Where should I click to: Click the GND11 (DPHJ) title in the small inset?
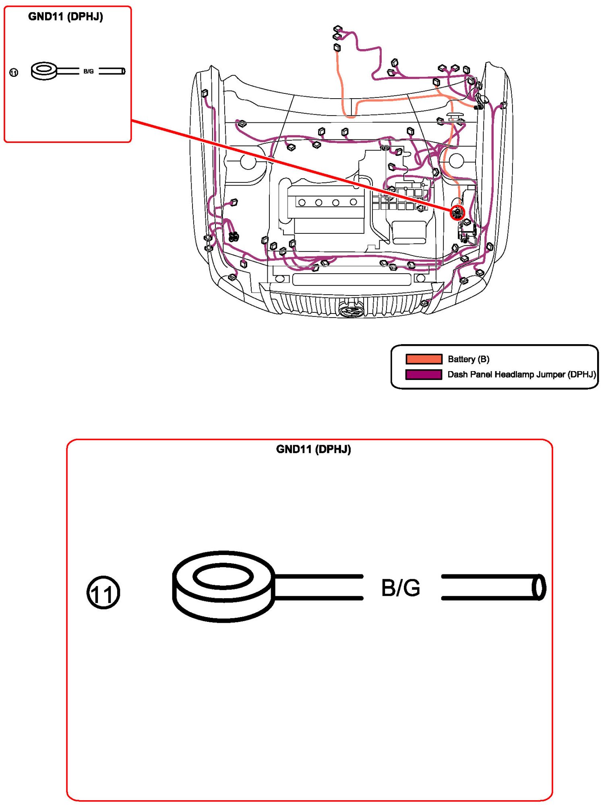66,17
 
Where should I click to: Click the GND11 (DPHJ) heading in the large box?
313,449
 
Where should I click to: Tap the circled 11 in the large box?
103,592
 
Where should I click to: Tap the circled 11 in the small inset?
14,72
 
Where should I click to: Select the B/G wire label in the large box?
401,588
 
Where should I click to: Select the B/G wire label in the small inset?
89,71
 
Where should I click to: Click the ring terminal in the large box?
223,586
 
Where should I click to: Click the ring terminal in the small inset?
44,71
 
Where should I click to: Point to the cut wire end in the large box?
539,587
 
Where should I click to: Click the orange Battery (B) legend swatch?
424,359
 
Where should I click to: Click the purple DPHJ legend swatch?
424,374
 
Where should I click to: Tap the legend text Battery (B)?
468,359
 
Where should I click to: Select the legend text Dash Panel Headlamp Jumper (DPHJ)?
521,374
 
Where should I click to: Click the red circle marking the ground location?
457,213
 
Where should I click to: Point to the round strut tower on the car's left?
248,161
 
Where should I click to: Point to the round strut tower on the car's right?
456,161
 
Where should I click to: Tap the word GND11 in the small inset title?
46,17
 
